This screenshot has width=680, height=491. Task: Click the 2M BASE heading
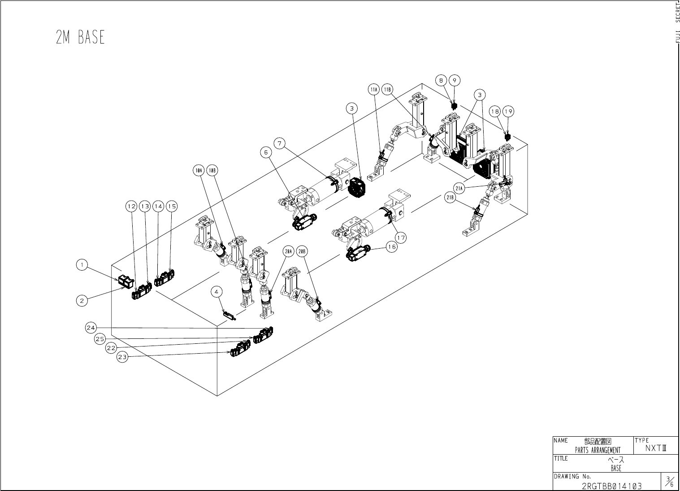pos(80,38)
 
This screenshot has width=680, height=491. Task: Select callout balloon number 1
pos(82,265)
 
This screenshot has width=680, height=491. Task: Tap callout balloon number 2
pos(82,301)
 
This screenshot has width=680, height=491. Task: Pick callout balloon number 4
pos(217,292)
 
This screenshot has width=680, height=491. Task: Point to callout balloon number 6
pos(266,153)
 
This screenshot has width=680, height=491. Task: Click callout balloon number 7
pos(280,144)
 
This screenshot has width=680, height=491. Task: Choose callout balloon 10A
pos(199,171)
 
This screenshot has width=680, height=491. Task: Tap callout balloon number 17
pos(401,238)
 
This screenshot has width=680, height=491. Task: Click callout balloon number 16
pos(392,247)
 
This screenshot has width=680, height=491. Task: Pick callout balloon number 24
pos(91,328)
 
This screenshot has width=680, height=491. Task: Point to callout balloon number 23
pos(122,357)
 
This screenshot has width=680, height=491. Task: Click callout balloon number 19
pos(508,111)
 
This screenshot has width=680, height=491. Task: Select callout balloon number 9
pos(454,80)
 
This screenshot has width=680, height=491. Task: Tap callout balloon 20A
pos(289,251)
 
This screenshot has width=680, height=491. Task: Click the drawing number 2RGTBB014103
pos(611,486)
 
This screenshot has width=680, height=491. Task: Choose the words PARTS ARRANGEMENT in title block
pos(598,450)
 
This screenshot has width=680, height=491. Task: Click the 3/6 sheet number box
pos(669,482)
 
